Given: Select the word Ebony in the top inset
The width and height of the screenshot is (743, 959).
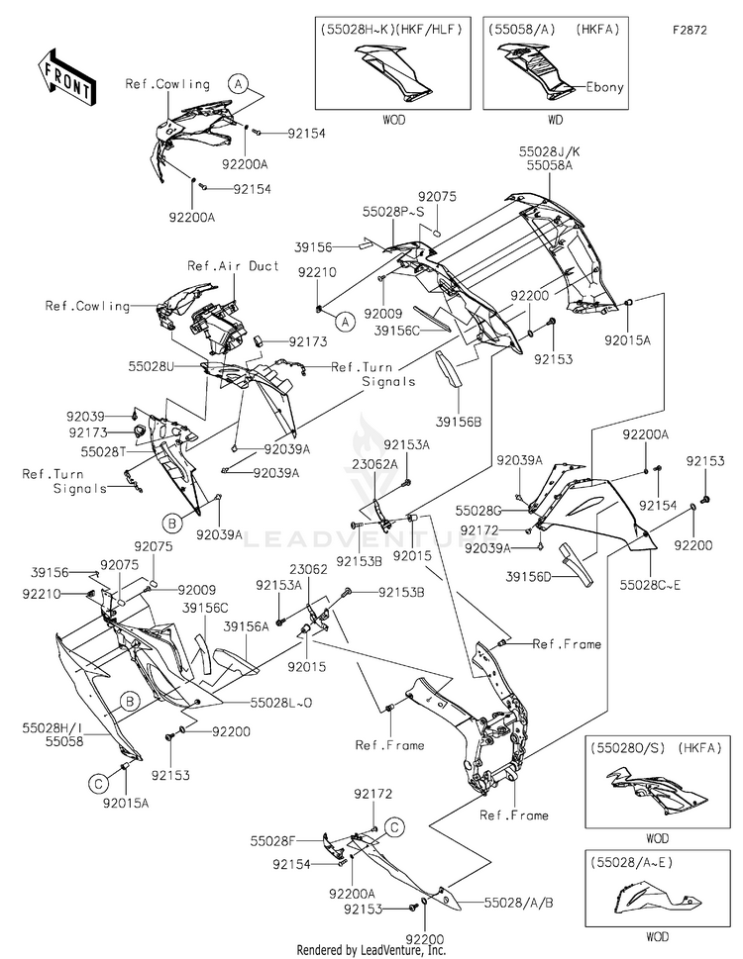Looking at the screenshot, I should [x=605, y=87].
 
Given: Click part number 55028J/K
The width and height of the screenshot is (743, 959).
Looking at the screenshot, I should [x=548, y=152].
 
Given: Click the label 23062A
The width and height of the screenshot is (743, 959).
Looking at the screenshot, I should [x=377, y=463].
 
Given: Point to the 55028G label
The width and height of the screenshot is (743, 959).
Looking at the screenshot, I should [x=479, y=510].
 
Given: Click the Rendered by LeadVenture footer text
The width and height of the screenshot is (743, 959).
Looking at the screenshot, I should [x=371, y=949].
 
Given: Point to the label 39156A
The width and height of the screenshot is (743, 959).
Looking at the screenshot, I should [x=247, y=626].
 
